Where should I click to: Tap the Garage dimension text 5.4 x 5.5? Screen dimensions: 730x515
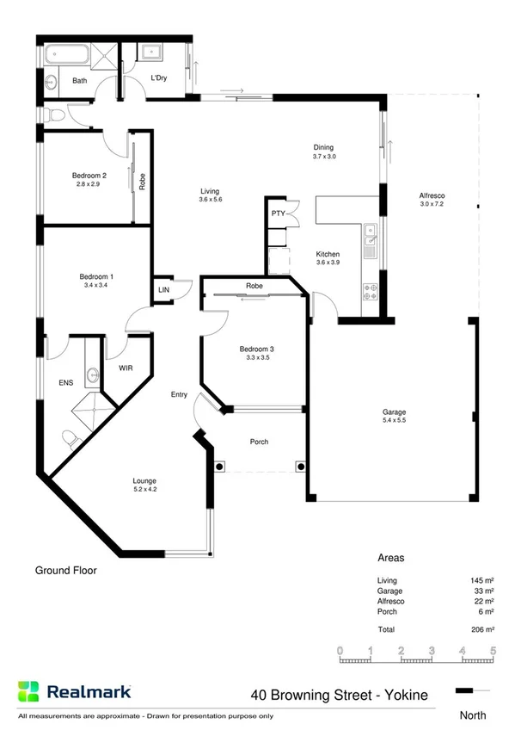[394, 421]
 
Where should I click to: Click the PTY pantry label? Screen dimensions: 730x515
[278, 213]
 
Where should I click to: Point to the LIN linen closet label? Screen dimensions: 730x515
[163, 291]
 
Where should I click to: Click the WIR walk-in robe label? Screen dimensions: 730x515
[125, 368]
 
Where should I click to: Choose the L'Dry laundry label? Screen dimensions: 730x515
[158, 80]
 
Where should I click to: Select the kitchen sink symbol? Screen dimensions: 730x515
[370, 232]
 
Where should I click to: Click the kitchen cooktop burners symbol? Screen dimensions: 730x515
[371, 292]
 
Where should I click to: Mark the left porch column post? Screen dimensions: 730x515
[220, 467]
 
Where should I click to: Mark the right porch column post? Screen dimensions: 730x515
[299, 467]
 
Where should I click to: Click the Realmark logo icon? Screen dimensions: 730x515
[28, 690]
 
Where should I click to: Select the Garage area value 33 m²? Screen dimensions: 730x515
[483, 591]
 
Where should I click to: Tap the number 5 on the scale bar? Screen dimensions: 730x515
[493, 651]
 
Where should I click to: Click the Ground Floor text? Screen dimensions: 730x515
[65, 570]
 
